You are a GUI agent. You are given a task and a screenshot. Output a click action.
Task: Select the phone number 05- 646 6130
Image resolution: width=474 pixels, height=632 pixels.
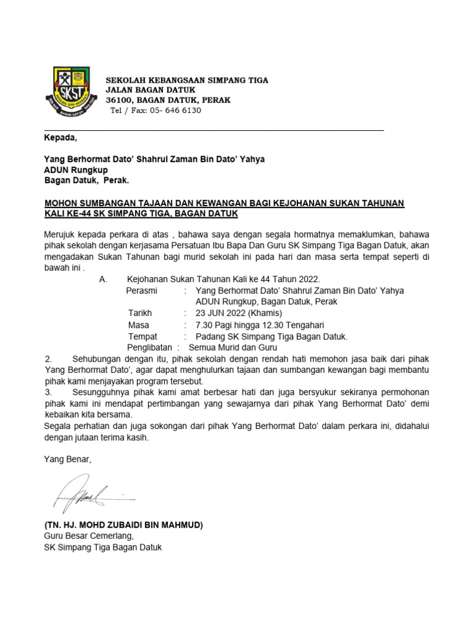click(x=170, y=110)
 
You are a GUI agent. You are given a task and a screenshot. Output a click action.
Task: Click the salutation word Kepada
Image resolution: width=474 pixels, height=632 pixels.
click(x=61, y=137)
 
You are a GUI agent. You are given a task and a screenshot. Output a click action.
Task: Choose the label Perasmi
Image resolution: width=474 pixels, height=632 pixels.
click(x=141, y=290)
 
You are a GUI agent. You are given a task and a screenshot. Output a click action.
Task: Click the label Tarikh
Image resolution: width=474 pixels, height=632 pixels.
click(x=140, y=313)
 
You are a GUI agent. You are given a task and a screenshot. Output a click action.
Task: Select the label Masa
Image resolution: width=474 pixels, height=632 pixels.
click(x=139, y=325)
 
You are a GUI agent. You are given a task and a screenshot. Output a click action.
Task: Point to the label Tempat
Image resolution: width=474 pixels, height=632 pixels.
click(x=143, y=336)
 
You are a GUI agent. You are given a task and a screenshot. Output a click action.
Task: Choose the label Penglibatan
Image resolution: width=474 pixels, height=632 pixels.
click(x=149, y=347)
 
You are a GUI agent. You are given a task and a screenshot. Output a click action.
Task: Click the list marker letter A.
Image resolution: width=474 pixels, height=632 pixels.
click(x=103, y=279)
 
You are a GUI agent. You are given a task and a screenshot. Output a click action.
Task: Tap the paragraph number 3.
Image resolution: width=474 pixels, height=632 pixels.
click(x=48, y=393)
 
